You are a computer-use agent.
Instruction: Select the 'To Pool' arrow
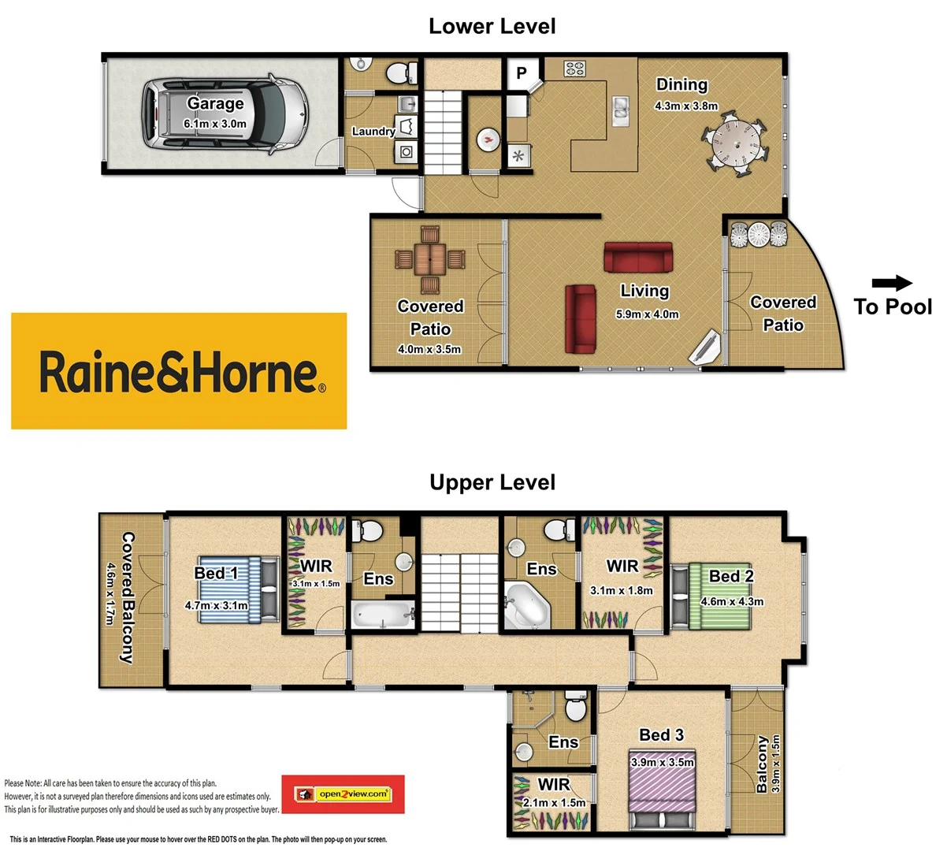[x=892, y=284]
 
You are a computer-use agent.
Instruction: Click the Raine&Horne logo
[x=179, y=371]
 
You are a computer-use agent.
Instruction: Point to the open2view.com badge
[x=344, y=793]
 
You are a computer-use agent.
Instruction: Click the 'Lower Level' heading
[x=492, y=26]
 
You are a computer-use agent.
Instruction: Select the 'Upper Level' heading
[x=492, y=482]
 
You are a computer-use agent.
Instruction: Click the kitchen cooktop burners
[x=574, y=69]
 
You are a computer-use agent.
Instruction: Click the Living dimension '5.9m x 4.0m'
[x=647, y=314]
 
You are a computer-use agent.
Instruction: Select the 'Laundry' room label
[x=373, y=132]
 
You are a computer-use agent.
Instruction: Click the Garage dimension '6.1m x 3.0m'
[x=215, y=124]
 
